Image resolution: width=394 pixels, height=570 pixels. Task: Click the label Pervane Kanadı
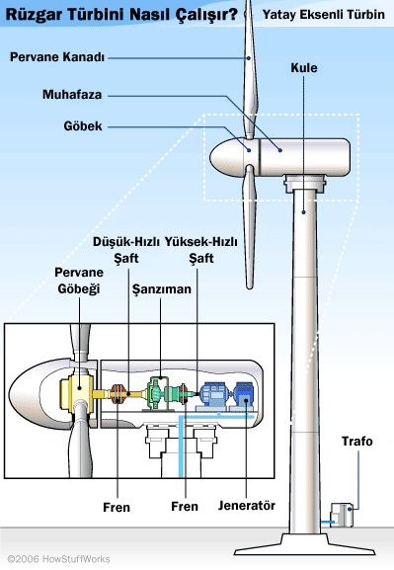[x=57, y=57]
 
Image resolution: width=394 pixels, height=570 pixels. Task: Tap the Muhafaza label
[x=72, y=95]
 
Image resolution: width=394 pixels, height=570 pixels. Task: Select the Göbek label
[x=83, y=126]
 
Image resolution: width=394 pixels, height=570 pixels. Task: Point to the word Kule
[x=304, y=68]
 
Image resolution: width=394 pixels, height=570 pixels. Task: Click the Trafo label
[x=356, y=441]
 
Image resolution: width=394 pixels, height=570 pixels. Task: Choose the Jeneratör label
[x=247, y=505]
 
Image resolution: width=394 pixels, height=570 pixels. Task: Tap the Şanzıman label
[x=161, y=289]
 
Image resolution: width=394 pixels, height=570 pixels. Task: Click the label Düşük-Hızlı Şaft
[x=126, y=250]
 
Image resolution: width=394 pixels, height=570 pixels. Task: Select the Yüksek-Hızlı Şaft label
[x=201, y=250]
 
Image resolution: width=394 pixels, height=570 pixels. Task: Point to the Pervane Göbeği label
[x=79, y=281]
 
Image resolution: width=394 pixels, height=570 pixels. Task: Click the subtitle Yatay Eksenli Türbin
[x=324, y=15]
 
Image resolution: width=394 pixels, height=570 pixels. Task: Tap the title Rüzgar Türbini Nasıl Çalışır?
[x=121, y=15]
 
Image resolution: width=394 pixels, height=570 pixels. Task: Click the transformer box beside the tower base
[x=342, y=515]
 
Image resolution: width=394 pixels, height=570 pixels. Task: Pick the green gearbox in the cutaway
[x=161, y=393]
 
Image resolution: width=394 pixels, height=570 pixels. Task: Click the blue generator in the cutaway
[x=226, y=394]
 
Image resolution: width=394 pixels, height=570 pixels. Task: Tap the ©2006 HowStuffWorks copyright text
[x=58, y=559]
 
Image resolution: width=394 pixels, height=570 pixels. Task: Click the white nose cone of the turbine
[x=226, y=157]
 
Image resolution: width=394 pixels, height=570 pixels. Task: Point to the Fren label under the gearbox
[x=185, y=506]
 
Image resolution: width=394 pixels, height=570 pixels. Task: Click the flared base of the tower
[x=304, y=544]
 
